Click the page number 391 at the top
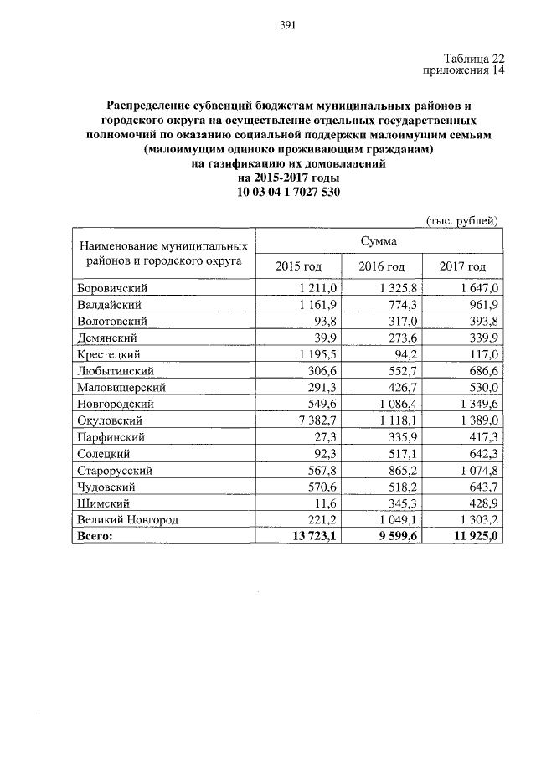tap(288, 24)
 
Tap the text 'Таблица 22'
tap(476, 58)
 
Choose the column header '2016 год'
tap(381, 266)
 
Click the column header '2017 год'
tap(462, 266)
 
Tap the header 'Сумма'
tap(379, 240)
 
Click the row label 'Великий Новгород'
tap(127, 519)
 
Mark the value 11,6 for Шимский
tap(322, 503)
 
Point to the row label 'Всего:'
tap(95, 536)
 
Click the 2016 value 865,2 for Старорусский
tap(401, 470)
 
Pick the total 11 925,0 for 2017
tap(474, 536)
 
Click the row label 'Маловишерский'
tap(121, 388)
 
